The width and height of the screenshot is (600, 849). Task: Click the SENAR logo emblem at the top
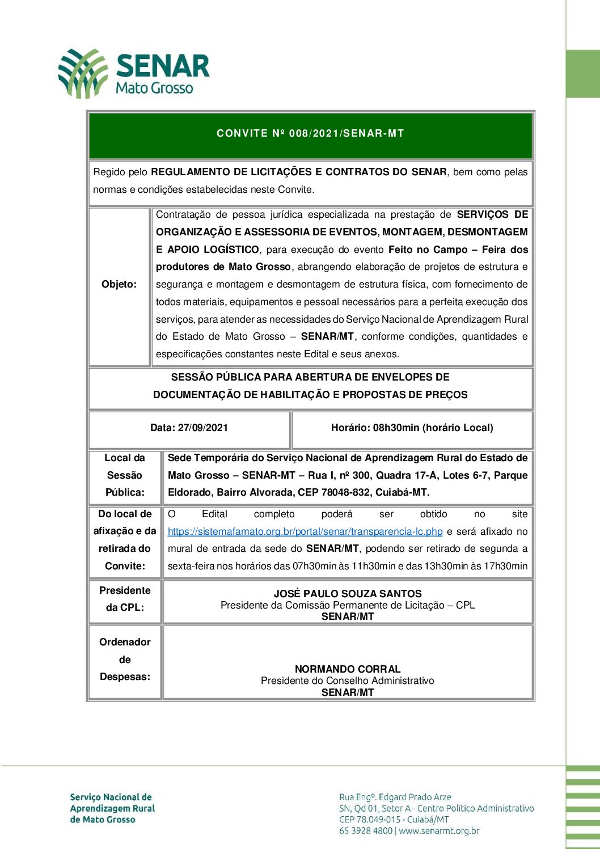pos(83,73)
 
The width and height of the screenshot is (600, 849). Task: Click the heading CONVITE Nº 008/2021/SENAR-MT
pos(310,134)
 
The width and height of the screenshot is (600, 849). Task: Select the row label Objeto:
pos(119,284)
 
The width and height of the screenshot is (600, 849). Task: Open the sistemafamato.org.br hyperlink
pos(305,532)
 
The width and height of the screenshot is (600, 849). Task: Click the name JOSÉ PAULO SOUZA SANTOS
pos(348,594)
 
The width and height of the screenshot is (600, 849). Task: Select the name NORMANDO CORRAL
pos(348,669)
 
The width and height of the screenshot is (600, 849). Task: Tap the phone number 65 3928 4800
pos(366,831)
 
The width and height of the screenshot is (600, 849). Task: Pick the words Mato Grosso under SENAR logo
pos(154,88)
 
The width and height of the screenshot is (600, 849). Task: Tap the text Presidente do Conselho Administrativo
pos(348,681)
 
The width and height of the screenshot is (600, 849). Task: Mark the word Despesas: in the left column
pos(125,677)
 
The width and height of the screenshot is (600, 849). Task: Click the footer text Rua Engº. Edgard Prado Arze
pos(395,797)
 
